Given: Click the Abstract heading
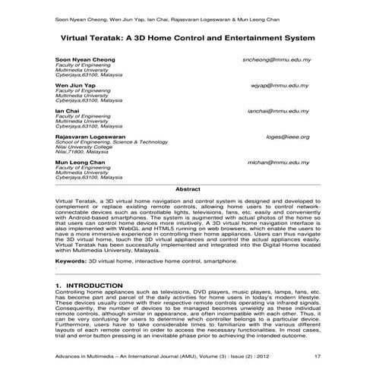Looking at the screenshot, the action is [188, 188].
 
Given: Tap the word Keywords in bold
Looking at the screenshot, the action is [71, 260].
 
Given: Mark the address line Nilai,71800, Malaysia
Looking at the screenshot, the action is [82, 152].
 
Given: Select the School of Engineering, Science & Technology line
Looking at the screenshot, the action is [111, 142].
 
